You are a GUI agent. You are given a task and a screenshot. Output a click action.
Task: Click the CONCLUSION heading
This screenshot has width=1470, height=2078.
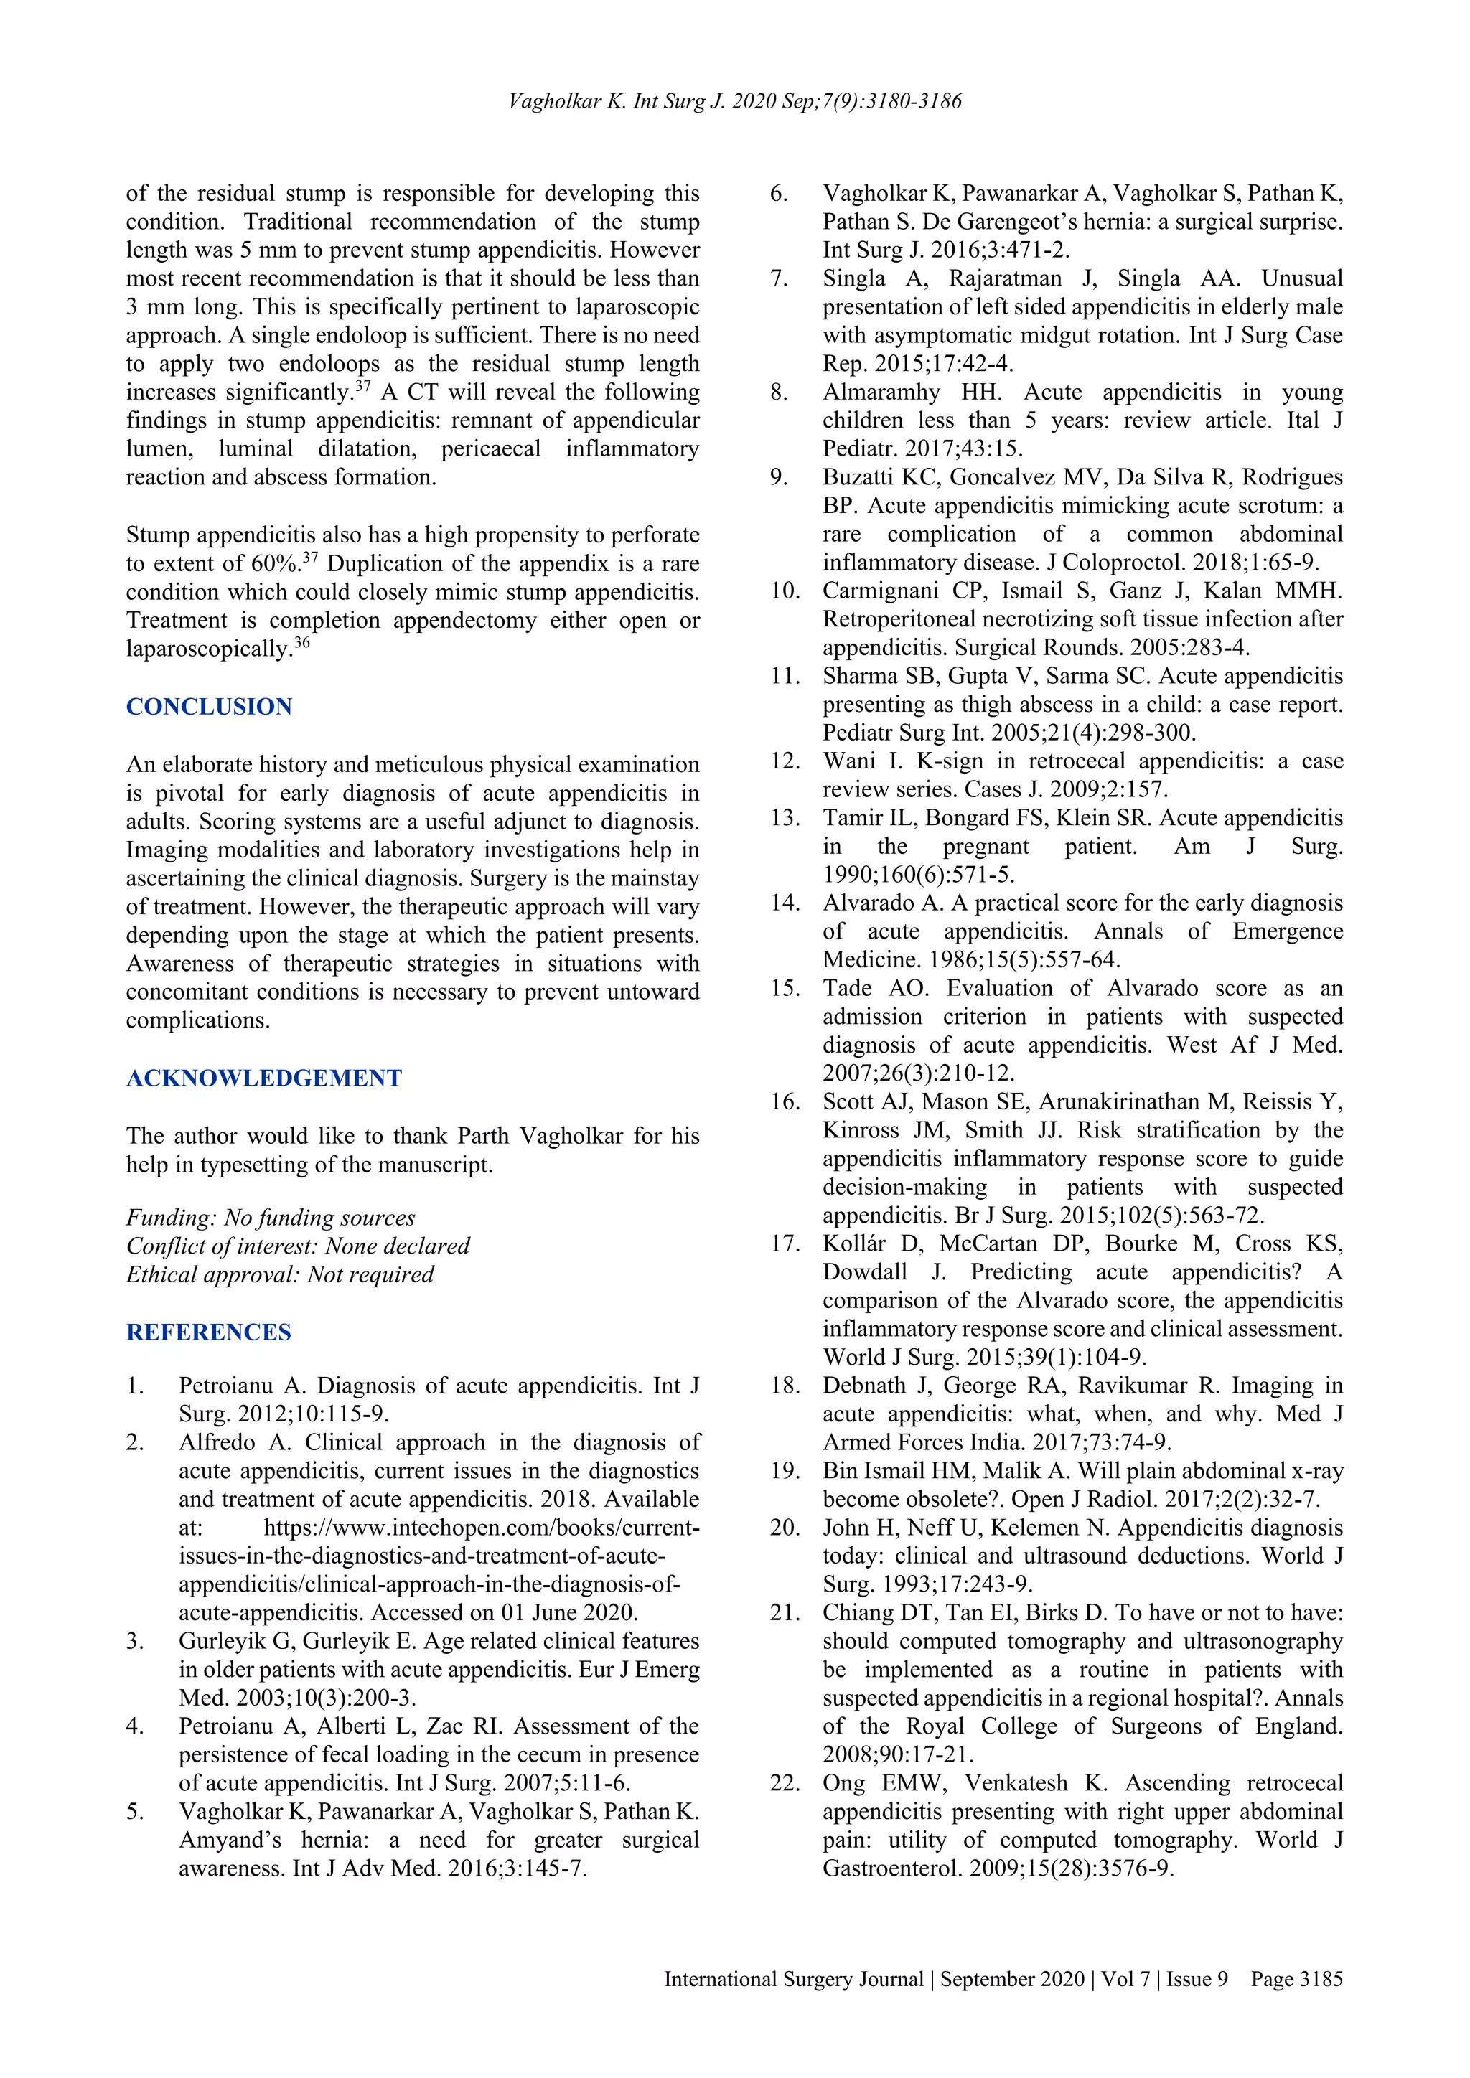click(209, 707)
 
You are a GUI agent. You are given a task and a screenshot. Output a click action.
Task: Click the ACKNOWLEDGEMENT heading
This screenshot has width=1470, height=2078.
click(263, 1078)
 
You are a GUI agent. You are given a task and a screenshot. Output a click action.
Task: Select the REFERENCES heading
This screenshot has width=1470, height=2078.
click(208, 1332)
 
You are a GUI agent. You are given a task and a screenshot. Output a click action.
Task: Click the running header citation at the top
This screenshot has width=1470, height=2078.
click(735, 101)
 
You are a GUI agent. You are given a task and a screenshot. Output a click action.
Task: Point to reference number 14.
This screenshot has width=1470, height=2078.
click(785, 903)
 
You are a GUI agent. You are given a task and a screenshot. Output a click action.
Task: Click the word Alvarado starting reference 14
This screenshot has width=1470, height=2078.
click(868, 903)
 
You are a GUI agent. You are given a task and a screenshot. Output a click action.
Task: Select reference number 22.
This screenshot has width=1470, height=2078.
click(785, 1783)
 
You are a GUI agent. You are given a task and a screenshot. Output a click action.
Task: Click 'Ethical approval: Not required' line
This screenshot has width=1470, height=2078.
click(280, 1274)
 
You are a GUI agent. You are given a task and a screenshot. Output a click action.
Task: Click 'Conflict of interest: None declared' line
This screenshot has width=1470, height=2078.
click(298, 1246)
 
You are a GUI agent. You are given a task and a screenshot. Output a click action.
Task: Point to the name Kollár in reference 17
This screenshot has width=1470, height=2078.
click(853, 1243)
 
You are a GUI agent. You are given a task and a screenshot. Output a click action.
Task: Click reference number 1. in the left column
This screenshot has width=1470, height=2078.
click(135, 1386)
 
